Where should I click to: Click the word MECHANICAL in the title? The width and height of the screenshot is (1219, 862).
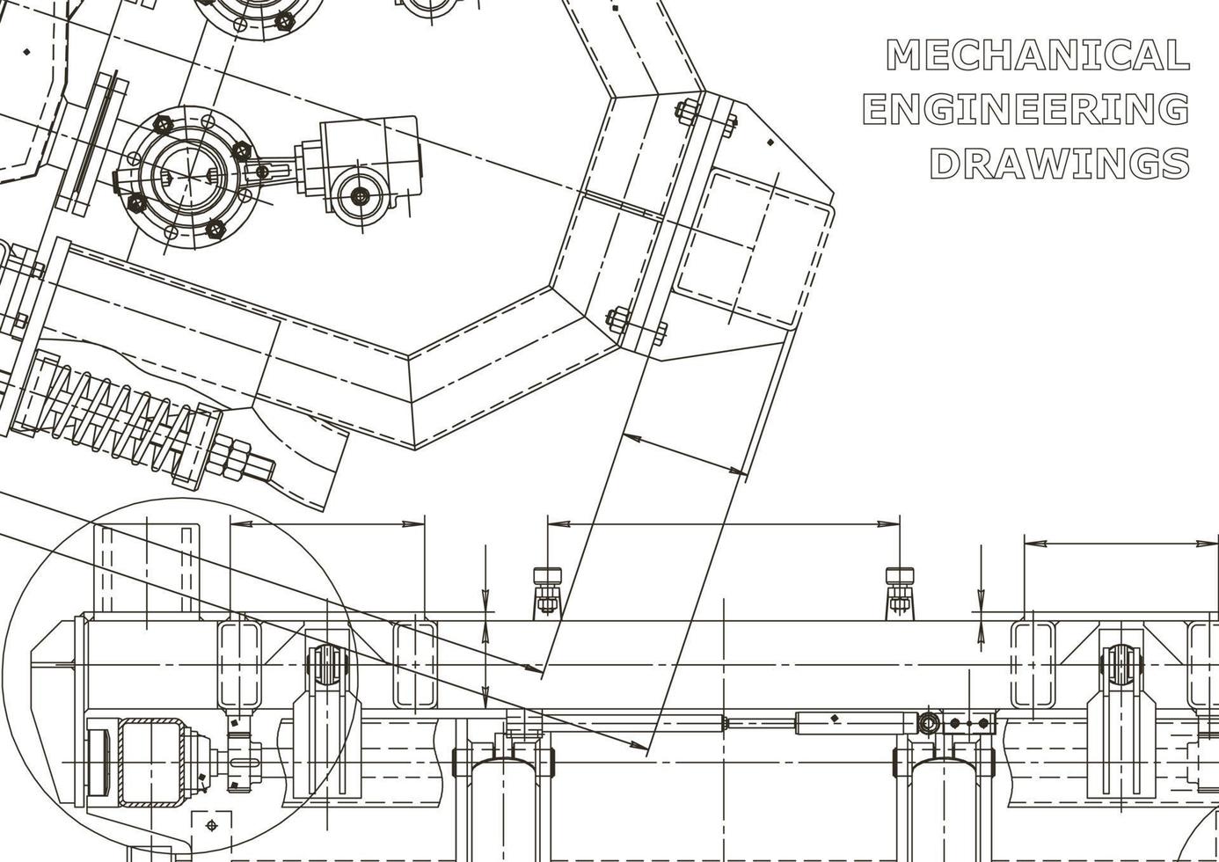[x=1037, y=55]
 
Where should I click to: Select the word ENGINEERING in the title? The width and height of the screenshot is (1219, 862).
[x=1026, y=109]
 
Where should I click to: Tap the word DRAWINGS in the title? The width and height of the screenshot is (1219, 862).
[x=1060, y=163]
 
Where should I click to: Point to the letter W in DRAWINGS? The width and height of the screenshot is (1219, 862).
[x=1064, y=163]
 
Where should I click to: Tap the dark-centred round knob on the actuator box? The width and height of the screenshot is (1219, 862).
[x=360, y=196]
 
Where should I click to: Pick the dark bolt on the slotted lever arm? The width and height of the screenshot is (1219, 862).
[x=262, y=172]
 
